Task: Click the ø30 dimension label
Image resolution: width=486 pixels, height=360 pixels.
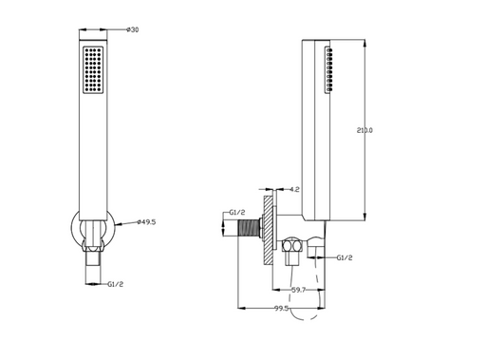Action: [132, 29]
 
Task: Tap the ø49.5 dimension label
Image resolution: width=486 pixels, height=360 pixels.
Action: [146, 222]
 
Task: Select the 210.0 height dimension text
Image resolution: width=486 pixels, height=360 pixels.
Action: [364, 130]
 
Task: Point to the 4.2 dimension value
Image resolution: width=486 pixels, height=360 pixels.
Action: [294, 190]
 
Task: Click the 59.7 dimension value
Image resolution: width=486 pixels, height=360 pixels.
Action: [298, 290]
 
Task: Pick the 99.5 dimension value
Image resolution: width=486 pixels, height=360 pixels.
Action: [281, 308]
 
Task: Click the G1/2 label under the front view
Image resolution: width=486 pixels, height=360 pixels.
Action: [116, 284]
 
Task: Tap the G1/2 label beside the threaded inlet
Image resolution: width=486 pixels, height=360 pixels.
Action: [237, 213]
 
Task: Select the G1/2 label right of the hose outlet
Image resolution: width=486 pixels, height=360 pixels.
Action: [345, 257]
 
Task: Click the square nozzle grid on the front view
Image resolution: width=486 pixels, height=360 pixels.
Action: [93, 70]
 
